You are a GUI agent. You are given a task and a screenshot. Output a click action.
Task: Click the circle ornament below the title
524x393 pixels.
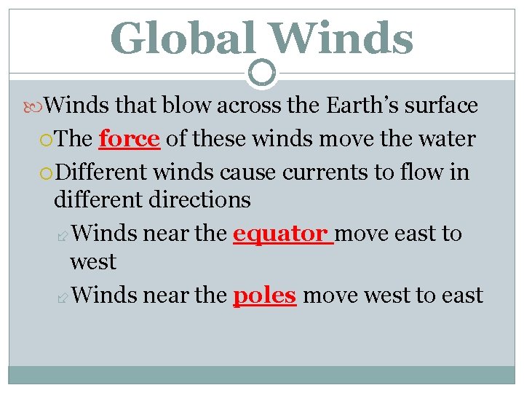[x=262, y=73]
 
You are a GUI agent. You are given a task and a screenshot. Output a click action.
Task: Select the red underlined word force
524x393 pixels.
[x=129, y=138]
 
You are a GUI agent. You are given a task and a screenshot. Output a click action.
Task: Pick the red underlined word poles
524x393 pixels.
[x=264, y=295]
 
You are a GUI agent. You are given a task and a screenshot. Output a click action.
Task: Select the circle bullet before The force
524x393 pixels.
[x=47, y=140]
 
